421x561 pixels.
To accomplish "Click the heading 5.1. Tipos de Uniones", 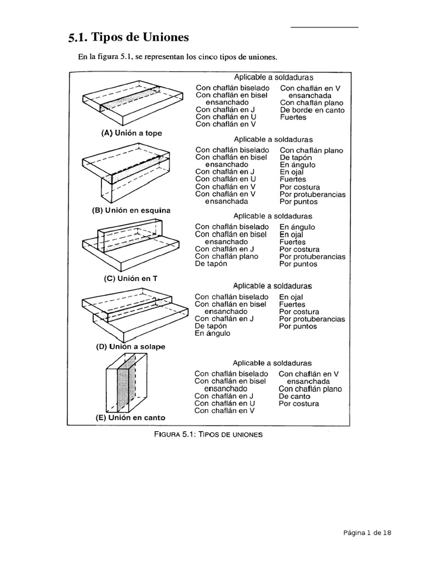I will (129, 38).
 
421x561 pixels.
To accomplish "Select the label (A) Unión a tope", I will (132, 133).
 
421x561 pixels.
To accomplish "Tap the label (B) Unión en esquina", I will (131, 210).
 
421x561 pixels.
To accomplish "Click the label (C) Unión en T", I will (130, 278).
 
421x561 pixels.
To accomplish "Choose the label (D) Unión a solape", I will (129, 347).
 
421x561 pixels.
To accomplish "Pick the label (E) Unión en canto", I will (130, 417).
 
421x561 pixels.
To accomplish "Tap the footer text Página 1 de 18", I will (367, 532).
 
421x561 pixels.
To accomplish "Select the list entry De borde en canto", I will (312, 110).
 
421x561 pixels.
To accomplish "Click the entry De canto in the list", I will (294, 396).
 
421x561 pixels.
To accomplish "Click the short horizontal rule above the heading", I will (324, 27).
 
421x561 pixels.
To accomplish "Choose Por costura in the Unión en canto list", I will (298, 404).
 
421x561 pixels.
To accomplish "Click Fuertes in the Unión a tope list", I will (293, 117).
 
